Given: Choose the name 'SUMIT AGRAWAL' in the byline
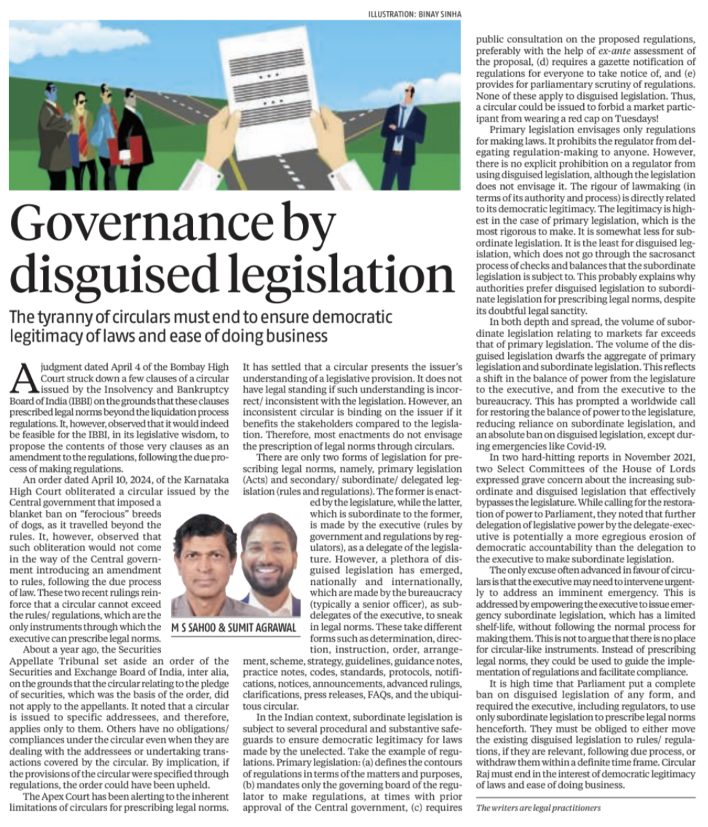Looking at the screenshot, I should point(267,628).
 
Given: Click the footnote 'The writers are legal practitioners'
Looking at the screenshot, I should point(538,808).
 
